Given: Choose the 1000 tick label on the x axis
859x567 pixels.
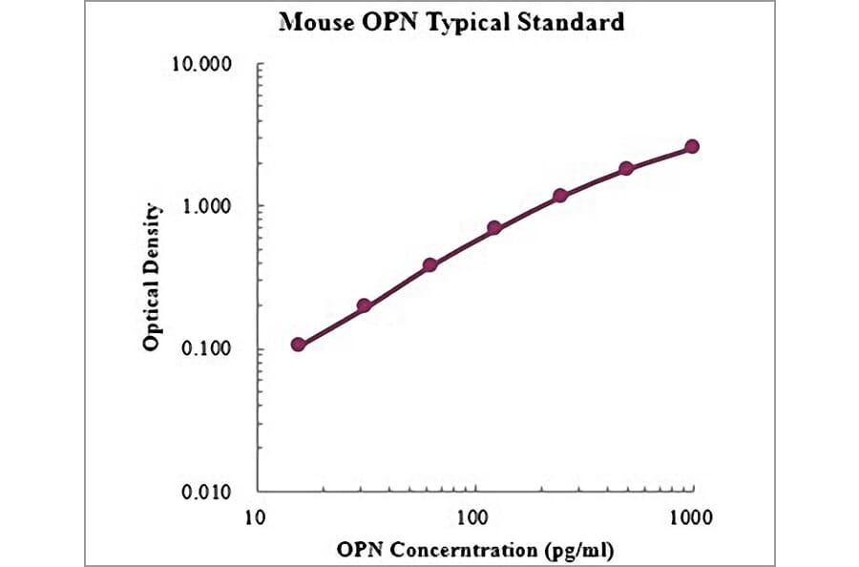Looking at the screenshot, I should click(x=691, y=517).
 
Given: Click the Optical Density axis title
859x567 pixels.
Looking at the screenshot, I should click(x=153, y=276).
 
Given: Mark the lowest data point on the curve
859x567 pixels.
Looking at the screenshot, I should click(x=299, y=344).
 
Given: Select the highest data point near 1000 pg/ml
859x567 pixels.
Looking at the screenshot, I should click(x=692, y=146).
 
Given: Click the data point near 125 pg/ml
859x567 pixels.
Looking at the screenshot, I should click(x=494, y=228).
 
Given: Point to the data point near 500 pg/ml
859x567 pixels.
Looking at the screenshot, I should click(x=626, y=168).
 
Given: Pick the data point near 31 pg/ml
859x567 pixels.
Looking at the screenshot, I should click(x=364, y=305).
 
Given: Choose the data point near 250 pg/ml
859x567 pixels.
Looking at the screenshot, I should click(x=560, y=196).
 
